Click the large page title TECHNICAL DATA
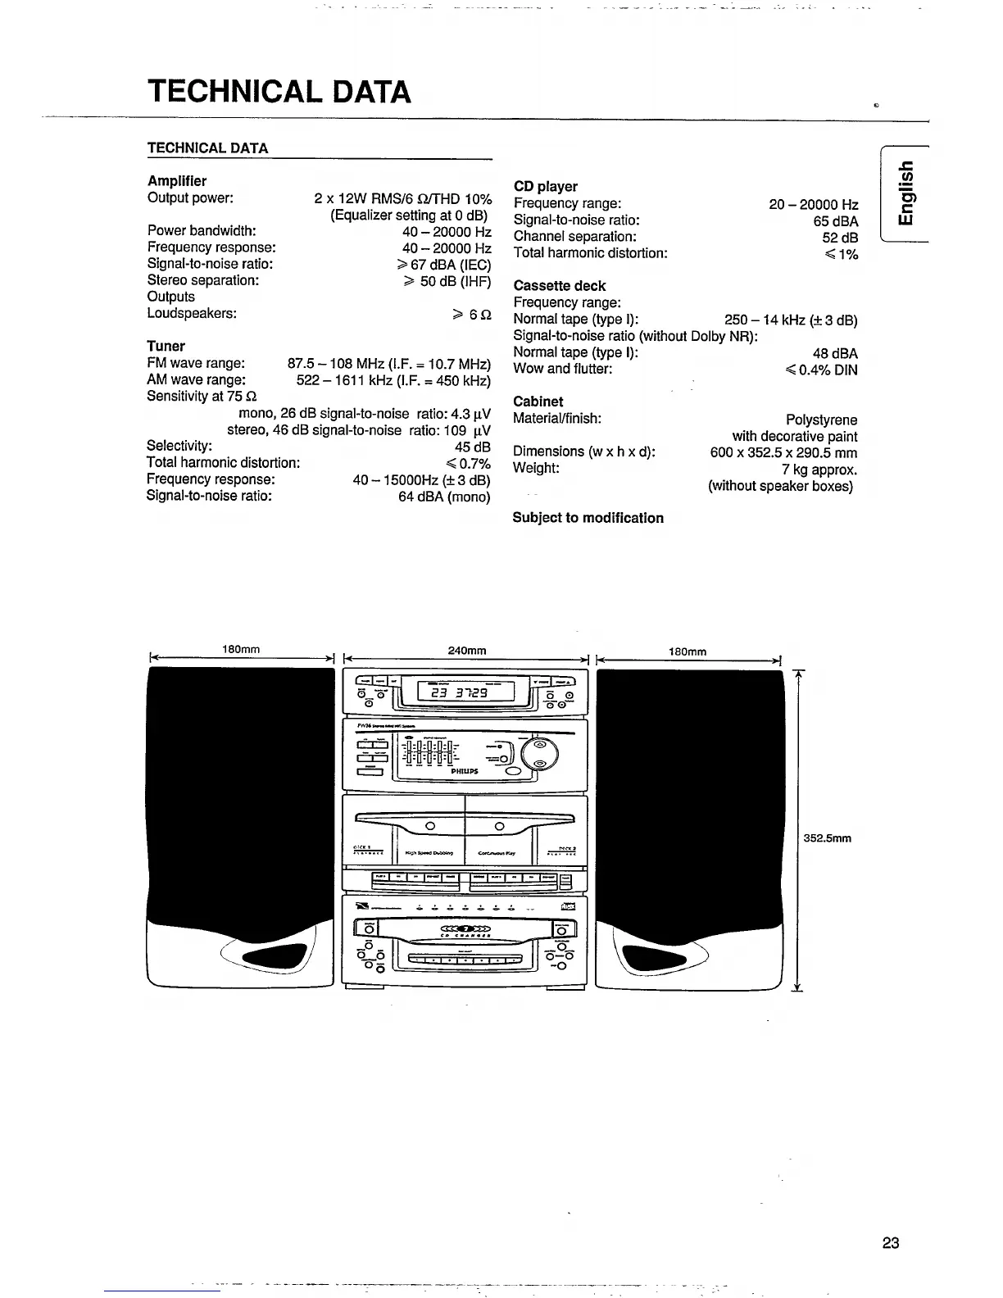click(279, 91)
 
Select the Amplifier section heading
click(177, 181)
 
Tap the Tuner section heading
click(166, 346)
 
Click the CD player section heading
click(545, 187)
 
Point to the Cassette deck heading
click(559, 286)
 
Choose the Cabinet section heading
click(538, 402)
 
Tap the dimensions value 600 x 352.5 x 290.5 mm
click(783, 453)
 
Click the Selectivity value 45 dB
click(472, 447)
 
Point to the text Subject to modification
click(588, 518)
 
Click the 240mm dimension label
click(467, 651)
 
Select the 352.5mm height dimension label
click(828, 838)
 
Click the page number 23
click(891, 1243)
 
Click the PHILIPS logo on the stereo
click(465, 771)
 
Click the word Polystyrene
click(821, 420)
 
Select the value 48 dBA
click(835, 354)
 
